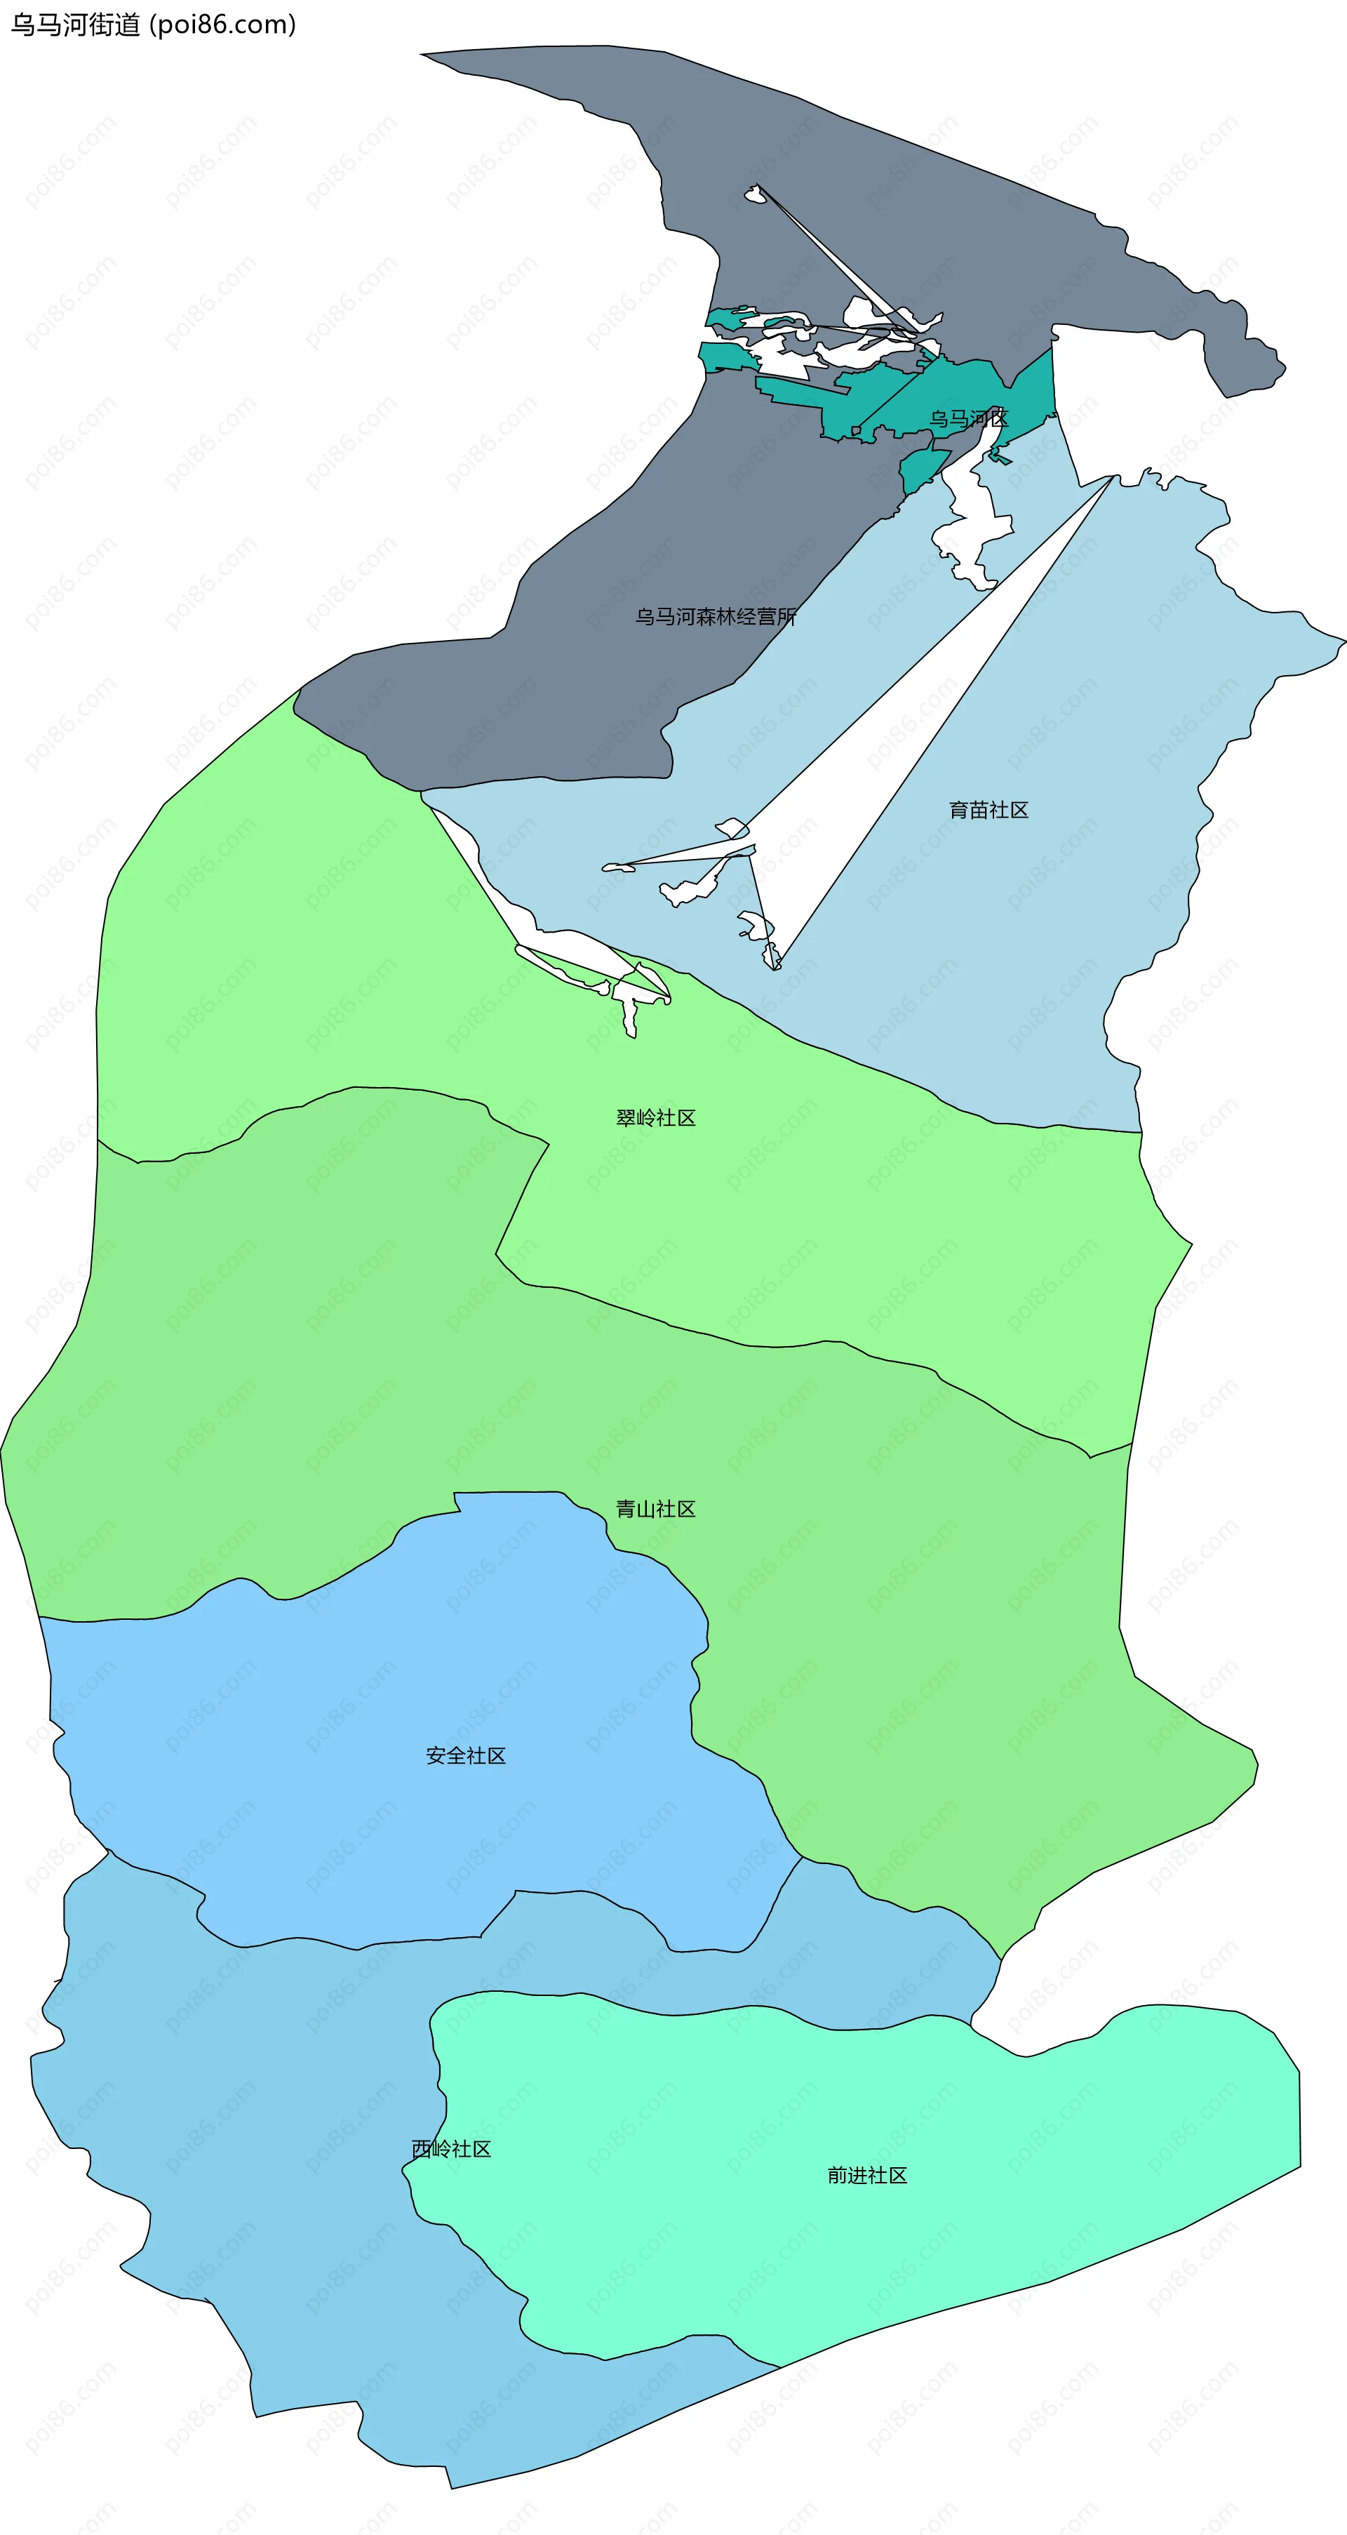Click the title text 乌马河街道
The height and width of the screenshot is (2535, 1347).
coord(75,25)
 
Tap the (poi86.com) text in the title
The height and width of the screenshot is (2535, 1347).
coord(222,25)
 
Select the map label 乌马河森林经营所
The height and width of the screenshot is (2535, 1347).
coord(716,617)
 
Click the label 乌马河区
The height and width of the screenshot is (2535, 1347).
coord(969,419)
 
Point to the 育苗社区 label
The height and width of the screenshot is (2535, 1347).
coord(989,810)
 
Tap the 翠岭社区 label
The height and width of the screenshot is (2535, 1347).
coord(655,1118)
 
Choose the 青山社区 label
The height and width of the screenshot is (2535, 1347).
coord(655,1510)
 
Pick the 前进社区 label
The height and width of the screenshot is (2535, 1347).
coord(867,2176)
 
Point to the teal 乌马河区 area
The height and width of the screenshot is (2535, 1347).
coord(944,389)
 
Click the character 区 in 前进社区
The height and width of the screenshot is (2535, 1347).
coord(897,2176)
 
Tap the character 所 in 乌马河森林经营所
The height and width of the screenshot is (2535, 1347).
coord(786,617)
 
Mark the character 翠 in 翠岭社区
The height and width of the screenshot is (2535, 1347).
coord(626,1118)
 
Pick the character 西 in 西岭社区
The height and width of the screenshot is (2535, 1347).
coord(421,2149)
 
